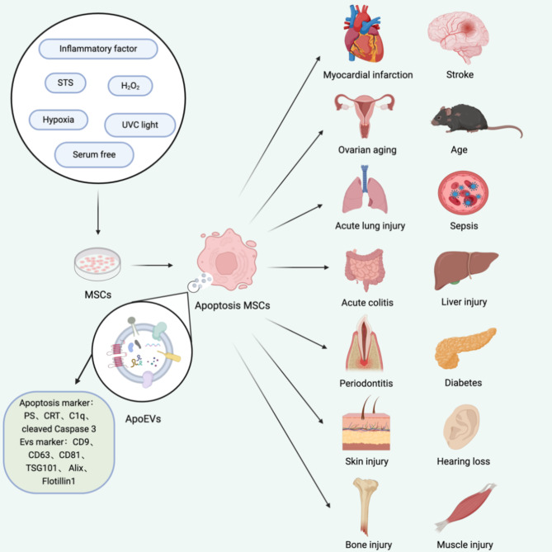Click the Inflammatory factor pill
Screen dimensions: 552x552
98,49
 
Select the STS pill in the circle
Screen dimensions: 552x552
65,83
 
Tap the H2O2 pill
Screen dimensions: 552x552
130,86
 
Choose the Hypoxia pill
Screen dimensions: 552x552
59,120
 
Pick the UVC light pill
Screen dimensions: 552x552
140,125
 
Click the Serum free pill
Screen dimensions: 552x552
94,154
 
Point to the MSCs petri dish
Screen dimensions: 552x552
97,264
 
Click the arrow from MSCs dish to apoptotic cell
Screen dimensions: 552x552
152,265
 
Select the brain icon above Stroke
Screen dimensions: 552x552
458,37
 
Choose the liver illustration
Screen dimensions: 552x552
466,270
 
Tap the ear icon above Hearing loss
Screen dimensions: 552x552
461,427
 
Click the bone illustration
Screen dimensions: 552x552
366,507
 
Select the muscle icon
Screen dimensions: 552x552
465,507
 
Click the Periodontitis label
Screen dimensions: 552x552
366,383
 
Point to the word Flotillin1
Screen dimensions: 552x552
59,481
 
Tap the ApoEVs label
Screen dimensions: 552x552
143,419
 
